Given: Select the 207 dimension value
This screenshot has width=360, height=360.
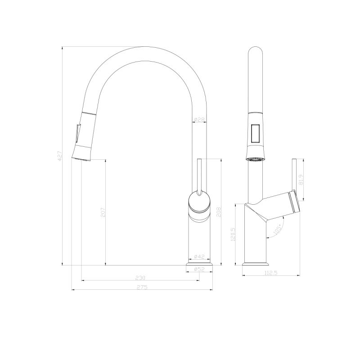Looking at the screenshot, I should [103, 212].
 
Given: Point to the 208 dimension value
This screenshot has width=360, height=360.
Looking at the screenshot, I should [218, 212].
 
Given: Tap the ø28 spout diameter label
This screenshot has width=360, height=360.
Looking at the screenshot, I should [199, 120].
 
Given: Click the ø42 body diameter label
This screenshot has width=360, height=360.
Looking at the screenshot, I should [199, 257].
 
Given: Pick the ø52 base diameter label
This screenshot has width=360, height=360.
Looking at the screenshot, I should [199, 269].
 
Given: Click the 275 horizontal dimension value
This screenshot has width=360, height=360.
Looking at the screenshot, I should [142, 287].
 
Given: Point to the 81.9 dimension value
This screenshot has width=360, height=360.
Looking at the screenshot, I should [301, 179].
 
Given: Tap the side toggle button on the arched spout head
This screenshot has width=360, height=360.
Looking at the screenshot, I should [76, 134].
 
